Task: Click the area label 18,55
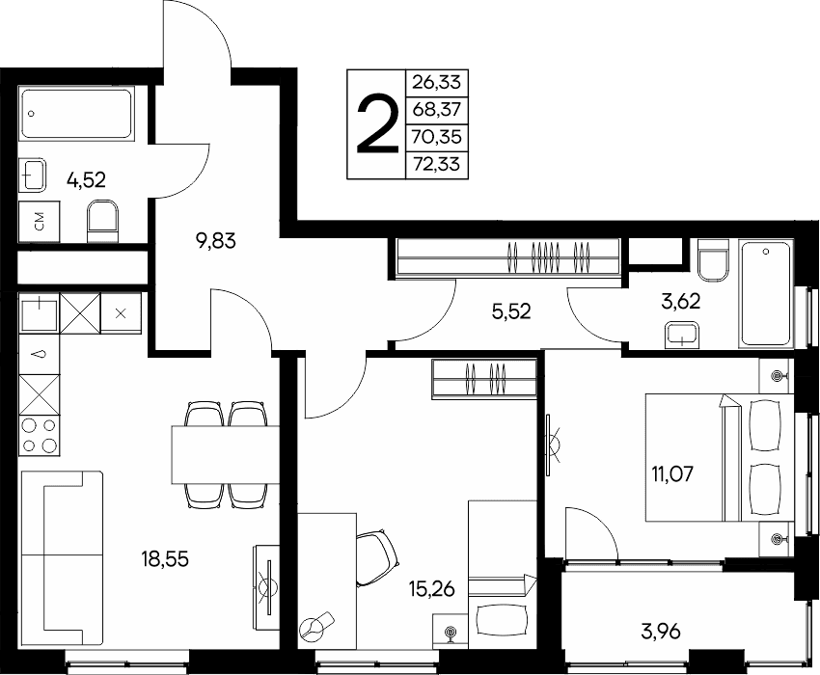click(165, 559)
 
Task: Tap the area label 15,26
click(431, 589)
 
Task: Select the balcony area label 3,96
click(661, 632)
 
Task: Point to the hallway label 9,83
click(216, 241)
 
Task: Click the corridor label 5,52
click(511, 311)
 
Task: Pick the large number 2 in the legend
click(376, 124)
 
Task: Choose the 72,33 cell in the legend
click(436, 165)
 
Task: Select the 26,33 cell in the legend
click(436, 83)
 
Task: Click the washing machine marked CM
click(39, 223)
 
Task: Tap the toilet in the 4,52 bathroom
click(103, 222)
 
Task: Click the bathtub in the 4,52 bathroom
click(76, 114)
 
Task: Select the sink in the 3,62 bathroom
click(682, 336)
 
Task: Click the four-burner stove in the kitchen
click(40, 436)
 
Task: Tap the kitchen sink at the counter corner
click(39, 313)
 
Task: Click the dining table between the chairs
click(226, 454)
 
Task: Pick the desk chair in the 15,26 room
click(376, 558)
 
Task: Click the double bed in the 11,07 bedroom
click(720, 457)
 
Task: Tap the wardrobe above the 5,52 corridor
click(508, 257)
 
